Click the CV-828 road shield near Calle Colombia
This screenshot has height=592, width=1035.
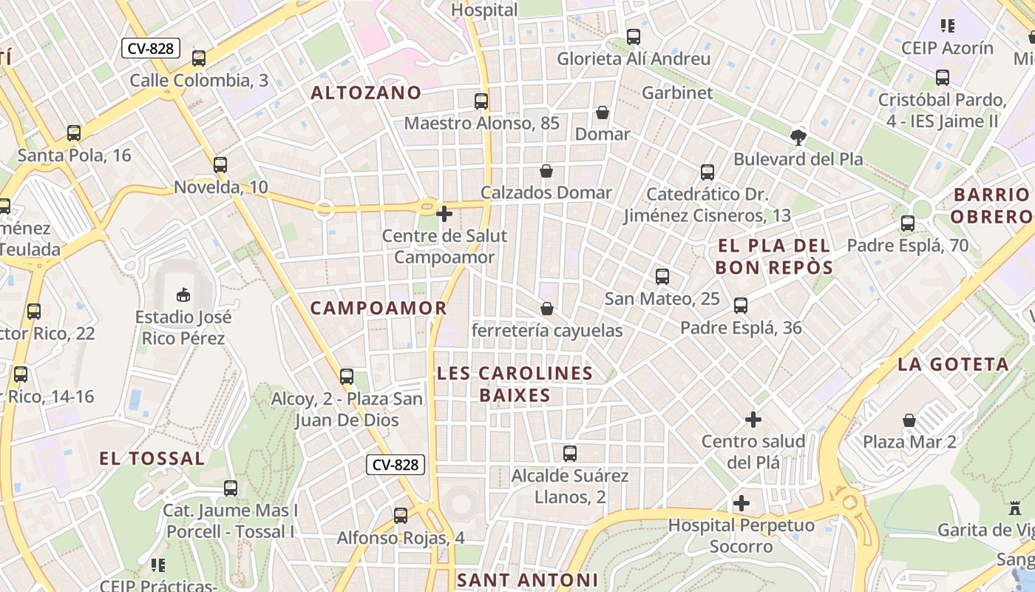[151, 49]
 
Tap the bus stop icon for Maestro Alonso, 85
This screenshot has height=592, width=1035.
[481, 101]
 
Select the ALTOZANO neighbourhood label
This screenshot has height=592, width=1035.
[366, 93]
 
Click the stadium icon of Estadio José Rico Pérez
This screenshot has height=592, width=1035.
[183, 296]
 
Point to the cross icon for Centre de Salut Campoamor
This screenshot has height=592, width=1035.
[444, 215]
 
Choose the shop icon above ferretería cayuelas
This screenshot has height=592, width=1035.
[547, 309]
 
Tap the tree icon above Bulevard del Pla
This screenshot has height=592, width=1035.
[798, 137]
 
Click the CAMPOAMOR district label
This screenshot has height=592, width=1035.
[379, 309]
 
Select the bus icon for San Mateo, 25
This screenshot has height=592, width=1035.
[662, 277]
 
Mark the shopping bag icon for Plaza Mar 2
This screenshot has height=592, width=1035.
[909, 420]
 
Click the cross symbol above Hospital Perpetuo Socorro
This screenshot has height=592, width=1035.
[742, 504]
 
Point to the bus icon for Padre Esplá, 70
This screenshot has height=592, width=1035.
[908, 223]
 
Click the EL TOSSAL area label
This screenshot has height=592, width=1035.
[152, 459]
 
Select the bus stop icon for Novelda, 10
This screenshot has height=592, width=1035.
[220, 165]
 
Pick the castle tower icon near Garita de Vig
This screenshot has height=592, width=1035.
[1014, 508]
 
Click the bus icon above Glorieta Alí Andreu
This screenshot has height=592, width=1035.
[634, 37]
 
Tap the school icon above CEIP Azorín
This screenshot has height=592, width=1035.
[947, 27]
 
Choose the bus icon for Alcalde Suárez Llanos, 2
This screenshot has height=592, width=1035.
[570, 454]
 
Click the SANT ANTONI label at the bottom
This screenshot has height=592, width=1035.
[526, 580]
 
